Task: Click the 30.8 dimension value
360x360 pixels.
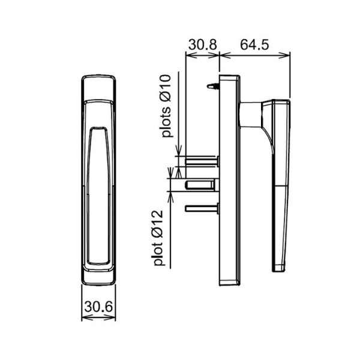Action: coord(203,45)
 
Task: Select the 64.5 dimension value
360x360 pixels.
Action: coord(254,45)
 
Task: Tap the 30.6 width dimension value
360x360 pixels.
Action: coord(98,307)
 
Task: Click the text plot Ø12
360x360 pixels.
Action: coord(158,238)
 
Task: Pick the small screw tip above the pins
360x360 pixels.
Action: coord(213,86)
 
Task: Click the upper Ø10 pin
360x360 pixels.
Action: coord(202,161)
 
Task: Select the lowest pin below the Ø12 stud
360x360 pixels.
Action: coord(202,208)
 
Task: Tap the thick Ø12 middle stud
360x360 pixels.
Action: coord(201,185)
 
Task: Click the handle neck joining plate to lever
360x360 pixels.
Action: coord(251,115)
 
